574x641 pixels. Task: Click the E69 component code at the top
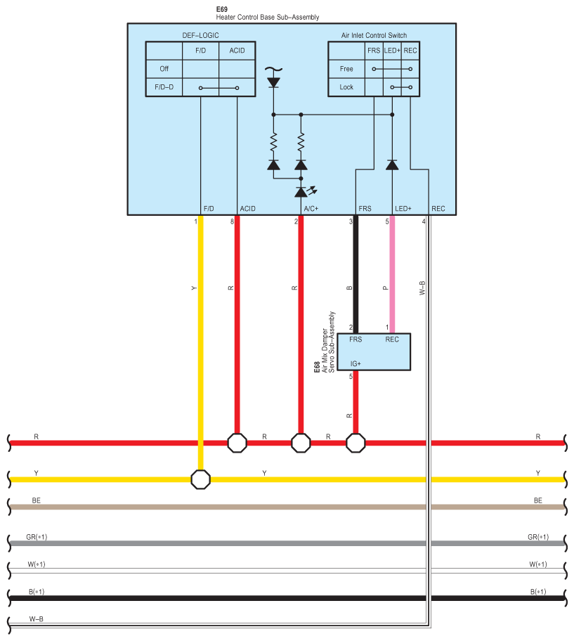221,10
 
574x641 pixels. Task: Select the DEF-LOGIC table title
200,35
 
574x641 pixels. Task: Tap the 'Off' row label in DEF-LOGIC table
164,69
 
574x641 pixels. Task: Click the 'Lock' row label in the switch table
346,87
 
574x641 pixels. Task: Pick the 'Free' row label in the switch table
346,69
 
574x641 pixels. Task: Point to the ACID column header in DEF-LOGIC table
237,51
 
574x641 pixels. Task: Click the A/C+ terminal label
311,209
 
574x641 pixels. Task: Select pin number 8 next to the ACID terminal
232,221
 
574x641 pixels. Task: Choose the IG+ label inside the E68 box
356,363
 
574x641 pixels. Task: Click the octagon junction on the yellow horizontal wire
201,479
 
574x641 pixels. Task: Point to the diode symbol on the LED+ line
392,164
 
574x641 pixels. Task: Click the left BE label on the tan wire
37,500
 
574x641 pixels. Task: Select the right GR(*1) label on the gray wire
537,537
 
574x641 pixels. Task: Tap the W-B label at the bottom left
37,619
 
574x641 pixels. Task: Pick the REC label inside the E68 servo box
392,339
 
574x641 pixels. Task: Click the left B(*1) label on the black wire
37,592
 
